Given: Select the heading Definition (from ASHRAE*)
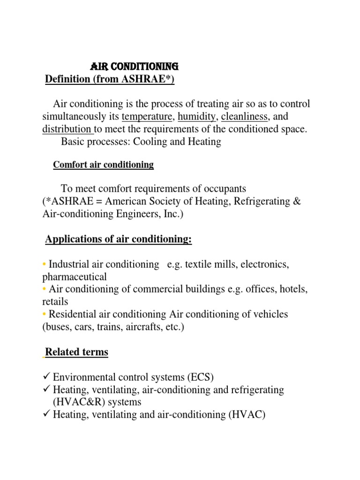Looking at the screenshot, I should [x=110, y=79].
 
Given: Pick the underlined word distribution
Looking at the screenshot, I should [x=67, y=129].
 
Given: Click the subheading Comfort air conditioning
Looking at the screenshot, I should [x=103, y=165].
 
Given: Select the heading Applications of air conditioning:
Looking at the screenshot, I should [x=119, y=240].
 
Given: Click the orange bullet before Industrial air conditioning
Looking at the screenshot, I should [x=44, y=265].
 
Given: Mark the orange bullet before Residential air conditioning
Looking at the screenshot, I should [x=44, y=314].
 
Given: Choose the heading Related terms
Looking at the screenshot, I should [x=76, y=352].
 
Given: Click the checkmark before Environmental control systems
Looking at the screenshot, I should [x=45, y=377].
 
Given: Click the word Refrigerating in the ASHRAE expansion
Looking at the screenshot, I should [x=258, y=202].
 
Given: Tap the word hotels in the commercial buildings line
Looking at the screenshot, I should [x=293, y=289].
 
